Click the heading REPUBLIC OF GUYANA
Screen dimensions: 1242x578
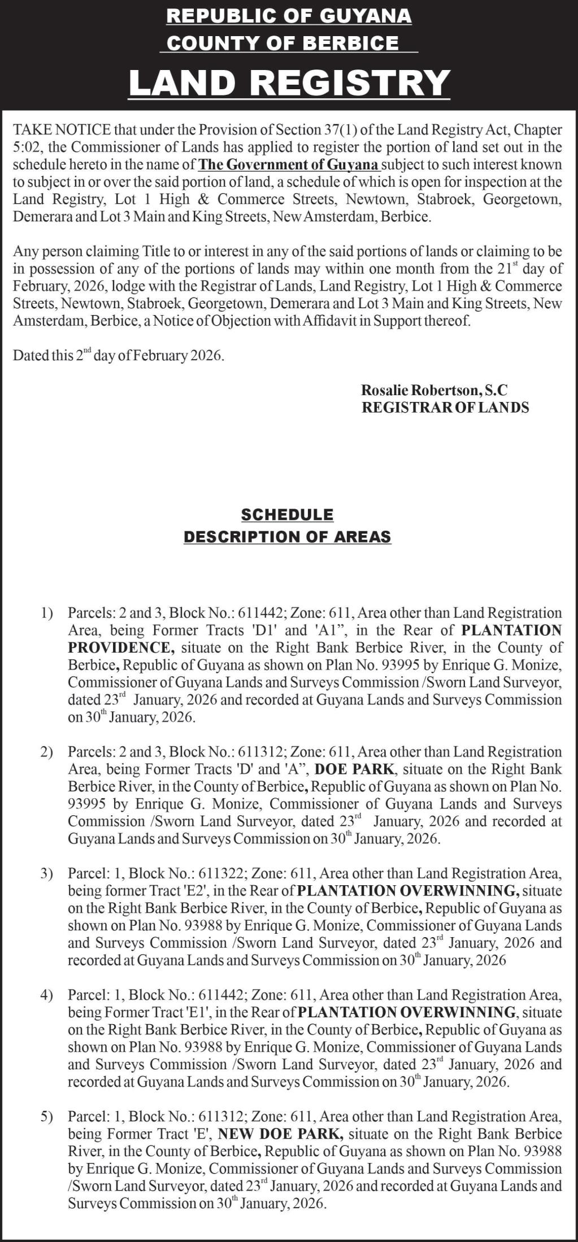(x=289, y=16)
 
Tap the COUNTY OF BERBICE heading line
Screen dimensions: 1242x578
(x=283, y=43)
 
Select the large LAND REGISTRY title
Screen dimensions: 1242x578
(x=289, y=82)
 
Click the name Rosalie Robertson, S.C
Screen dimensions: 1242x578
(x=434, y=390)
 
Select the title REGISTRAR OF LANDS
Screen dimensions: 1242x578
(x=445, y=407)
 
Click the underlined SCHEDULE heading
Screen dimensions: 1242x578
(x=287, y=515)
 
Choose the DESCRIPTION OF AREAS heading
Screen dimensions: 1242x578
(x=287, y=536)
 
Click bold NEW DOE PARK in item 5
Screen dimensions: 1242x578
(x=280, y=1134)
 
